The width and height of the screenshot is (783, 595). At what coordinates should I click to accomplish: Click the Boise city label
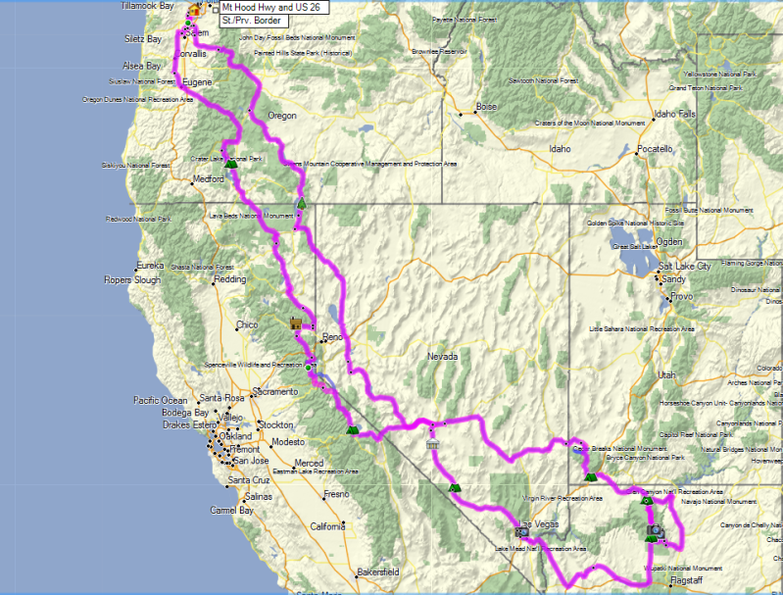click(x=486, y=106)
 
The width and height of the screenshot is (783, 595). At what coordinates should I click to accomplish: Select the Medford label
click(x=208, y=179)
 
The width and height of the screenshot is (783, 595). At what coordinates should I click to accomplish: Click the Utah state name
click(x=666, y=374)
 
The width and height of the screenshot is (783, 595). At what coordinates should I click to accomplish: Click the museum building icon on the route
click(x=433, y=445)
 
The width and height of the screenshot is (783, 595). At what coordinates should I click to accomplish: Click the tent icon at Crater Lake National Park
click(x=230, y=164)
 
